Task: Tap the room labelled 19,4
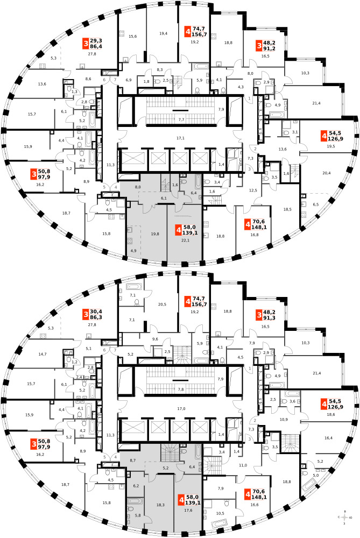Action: tap(164, 33)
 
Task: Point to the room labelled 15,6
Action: tap(133, 36)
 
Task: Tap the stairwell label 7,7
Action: tap(181, 119)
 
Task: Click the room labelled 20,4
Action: tap(326, 173)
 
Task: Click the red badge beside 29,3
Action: tap(85, 44)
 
